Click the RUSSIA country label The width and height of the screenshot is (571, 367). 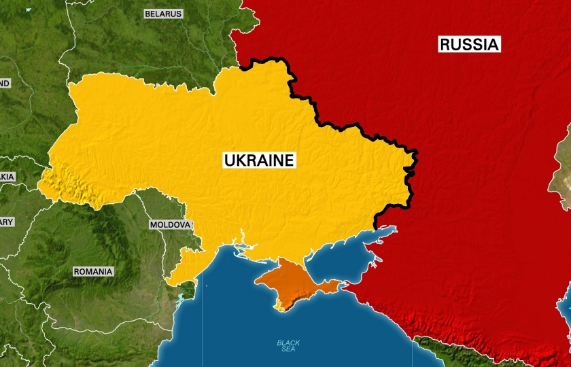[470, 45]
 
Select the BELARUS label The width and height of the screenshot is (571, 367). [163, 14]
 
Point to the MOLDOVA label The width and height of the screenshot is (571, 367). [170, 224]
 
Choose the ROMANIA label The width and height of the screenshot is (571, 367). [93, 271]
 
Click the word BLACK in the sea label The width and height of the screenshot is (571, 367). [288, 343]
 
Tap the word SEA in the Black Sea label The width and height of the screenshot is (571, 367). [288, 350]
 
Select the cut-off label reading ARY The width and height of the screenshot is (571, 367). [6, 222]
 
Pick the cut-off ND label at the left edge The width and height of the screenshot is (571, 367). [5, 83]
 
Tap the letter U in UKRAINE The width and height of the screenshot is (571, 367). [229, 160]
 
